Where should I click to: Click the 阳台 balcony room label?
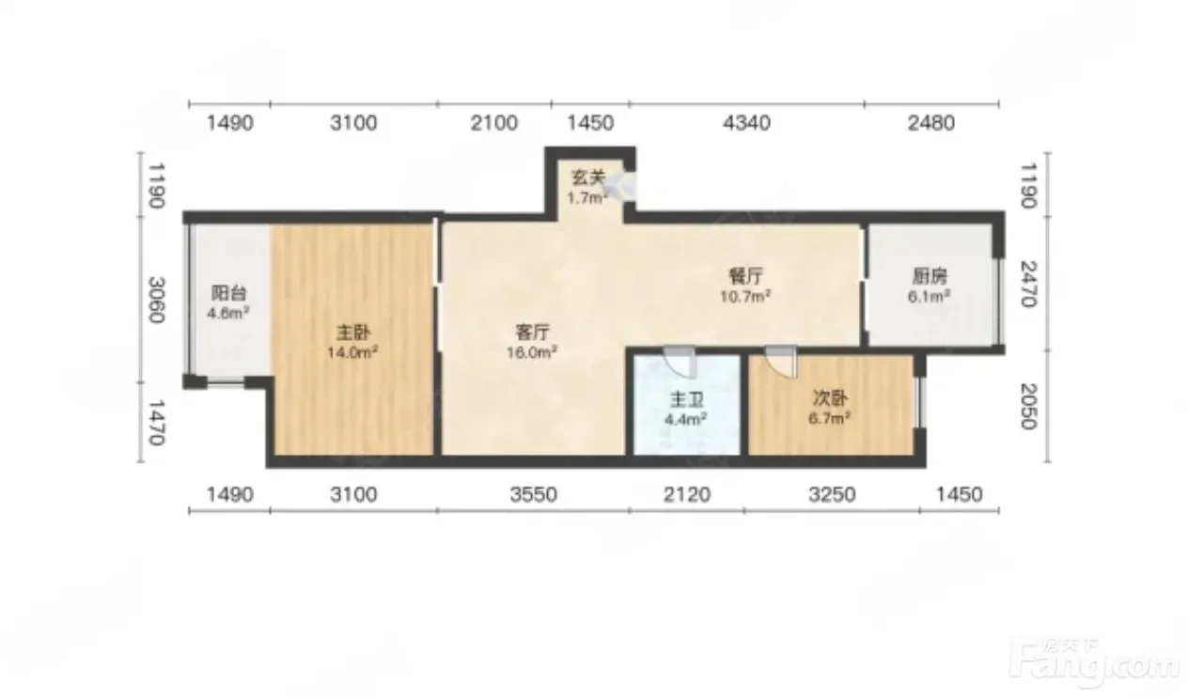pyautogui.click(x=229, y=292)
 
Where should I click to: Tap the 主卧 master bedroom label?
pyautogui.click(x=353, y=333)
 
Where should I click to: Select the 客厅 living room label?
pyautogui.click(x=532, y=333)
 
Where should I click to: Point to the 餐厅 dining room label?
pyautogui.click(x=745, y=275)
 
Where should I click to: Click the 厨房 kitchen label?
pyautogui.click(x=930, y=276)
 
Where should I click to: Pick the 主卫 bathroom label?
pyautogui.click(x=686, y=399)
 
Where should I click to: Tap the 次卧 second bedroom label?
pyautogui.click(x=830, y=398)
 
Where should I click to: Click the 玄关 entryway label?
pyautogui.click(x=588, y=178)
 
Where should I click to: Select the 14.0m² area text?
pyautogui.click(x=352, y=352)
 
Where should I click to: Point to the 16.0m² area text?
pyautogui.click(x=532, y=352)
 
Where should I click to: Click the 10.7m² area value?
pyautogui.click(x=745, y=296)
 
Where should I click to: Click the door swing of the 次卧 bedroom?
pyautogui.click(x=781, y=363)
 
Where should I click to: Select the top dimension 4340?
pyautogui.click(x=746, y=123)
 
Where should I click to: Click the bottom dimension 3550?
pyautogui.click(x=534, y=494)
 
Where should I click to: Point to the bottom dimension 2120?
pyautogui.click(x=687, y=494)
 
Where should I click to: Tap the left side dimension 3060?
pyautogui.click(x=156, y=300)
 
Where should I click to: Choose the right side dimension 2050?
pyautogui.click(x=1028, y=407)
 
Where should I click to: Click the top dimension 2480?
pyautogui.click(x=931, y=123)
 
